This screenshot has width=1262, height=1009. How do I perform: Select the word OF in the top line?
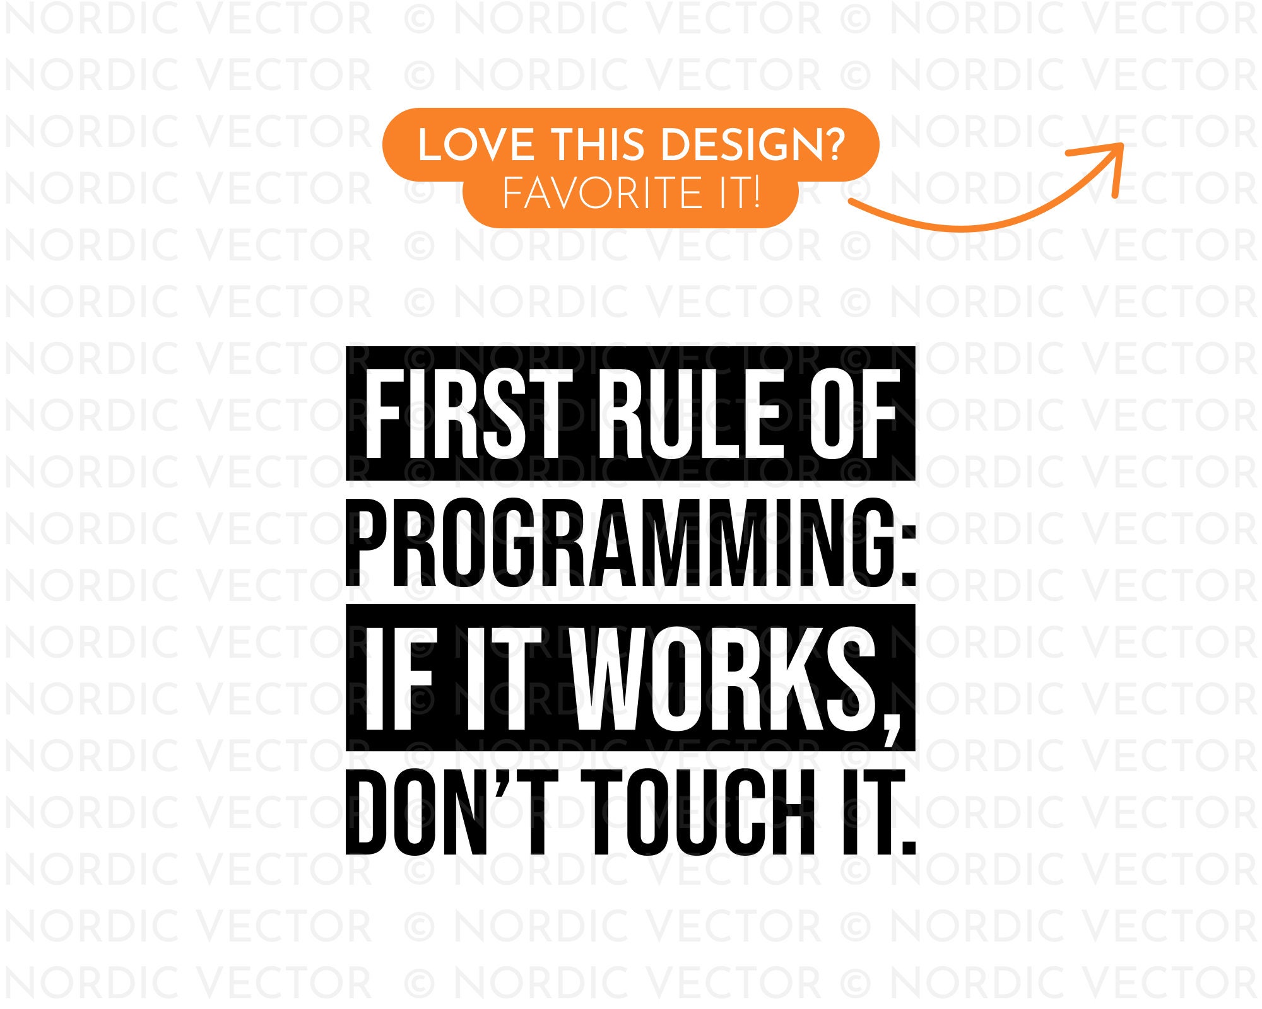pyautogui.click(x=855, y=414)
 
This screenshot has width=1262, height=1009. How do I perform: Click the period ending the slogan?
pyautogui.click(x=909, y=845)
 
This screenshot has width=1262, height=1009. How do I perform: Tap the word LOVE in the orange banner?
pyautogui.click(x=476, y=145)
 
